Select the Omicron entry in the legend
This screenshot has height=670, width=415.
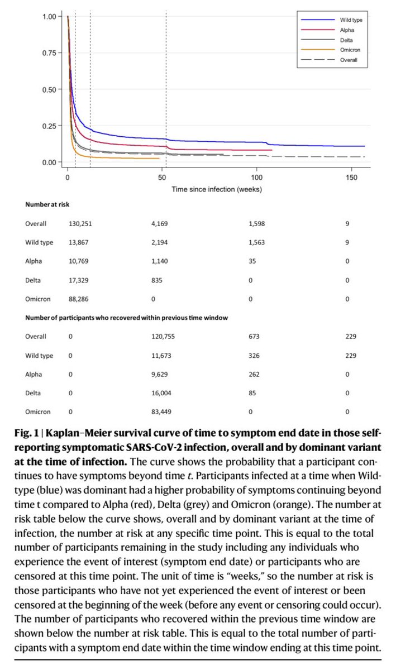349,50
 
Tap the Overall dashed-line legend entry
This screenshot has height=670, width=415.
349,60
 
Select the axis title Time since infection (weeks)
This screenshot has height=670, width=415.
217,189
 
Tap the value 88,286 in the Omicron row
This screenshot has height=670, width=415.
78,299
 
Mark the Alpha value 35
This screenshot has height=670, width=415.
252,261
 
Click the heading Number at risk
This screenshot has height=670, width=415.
47,205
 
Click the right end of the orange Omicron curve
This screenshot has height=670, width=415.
159,158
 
